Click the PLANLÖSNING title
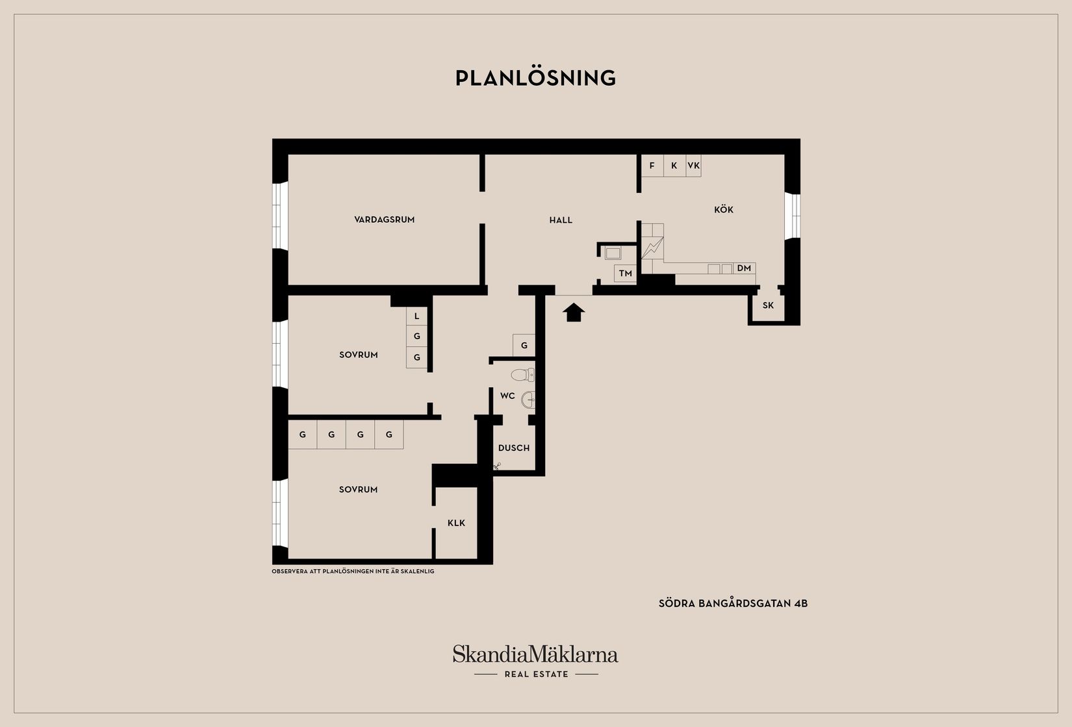click(535, 78)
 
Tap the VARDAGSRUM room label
click(384, 220)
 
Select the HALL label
click(561, 220)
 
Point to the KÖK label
click(724, 209)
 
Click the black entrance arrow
click(574, 312)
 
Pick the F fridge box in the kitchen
click(652, 166)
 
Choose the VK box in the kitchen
click(693, 166)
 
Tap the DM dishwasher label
click(744, 268)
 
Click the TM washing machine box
click(626, 274)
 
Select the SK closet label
click(768, 305)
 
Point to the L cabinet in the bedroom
click(417, 316)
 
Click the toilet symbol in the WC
click(522, 375)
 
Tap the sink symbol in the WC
click(528, 399)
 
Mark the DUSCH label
click(514, 448)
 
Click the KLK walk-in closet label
click(457, 523)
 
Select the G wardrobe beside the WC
click(524, 345)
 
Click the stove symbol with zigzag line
click(652, 248)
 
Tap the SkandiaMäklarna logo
click(535, 654)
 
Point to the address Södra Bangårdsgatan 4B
click(733, 603)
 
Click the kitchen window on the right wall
click(793, 216)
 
